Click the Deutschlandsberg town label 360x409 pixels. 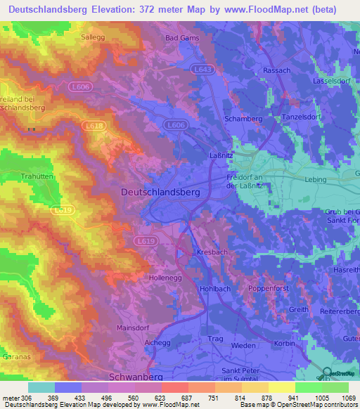point(160,191)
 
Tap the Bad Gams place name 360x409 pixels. point(182,38)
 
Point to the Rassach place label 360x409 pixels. point(276,71)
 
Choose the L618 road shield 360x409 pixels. point(93,124)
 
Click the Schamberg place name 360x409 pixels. point(243,119)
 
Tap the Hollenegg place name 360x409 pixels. point(166,278)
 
